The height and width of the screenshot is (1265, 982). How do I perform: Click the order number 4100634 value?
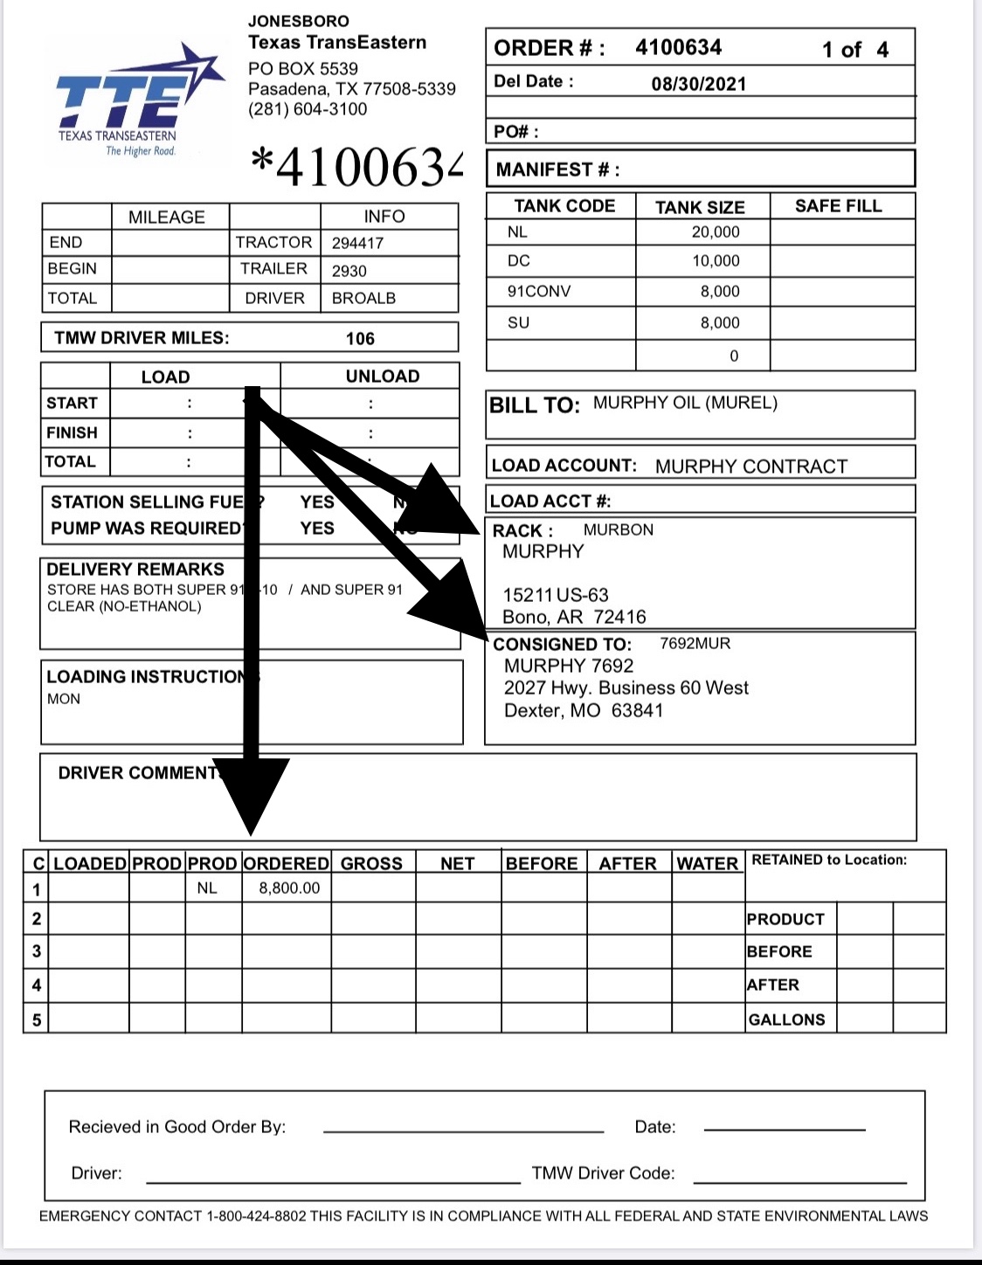point(678,47)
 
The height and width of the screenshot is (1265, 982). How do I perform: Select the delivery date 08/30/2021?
point(698,84)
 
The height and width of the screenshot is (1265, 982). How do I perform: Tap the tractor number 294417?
point(357,243)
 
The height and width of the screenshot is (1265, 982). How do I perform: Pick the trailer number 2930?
point(349,271)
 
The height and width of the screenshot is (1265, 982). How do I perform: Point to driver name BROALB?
point(363,298)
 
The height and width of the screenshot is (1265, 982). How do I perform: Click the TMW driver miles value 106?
point(360,339)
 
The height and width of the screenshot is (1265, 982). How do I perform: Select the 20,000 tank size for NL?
point(715,232)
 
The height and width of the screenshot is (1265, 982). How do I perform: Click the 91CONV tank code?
point(538,291)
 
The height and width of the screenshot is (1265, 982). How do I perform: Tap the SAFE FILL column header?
point(838,206)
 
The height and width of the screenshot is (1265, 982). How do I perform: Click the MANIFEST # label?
point(557,169)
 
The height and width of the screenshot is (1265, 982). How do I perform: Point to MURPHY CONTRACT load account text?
point(750,467)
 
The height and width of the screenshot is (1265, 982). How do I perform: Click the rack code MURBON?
point(618,529)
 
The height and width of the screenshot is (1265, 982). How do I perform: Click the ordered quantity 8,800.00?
point(289,888)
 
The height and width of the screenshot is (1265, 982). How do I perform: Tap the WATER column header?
point(708,864)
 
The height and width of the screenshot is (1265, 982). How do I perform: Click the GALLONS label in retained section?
point(786,1020)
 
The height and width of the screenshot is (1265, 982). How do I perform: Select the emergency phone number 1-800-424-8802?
point(256,1216)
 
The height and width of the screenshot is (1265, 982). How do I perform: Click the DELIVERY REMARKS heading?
point(135,569)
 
